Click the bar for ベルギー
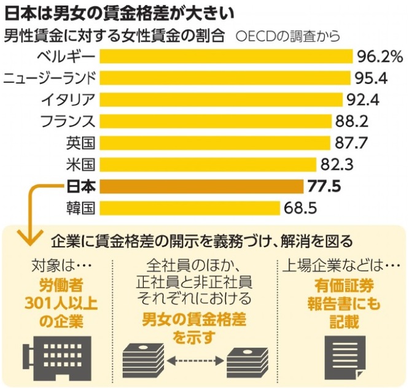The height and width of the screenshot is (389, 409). (x=226, y=56)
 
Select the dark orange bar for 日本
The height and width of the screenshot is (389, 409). (x=201, y=187)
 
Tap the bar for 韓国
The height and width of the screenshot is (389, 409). (x=190, y=208)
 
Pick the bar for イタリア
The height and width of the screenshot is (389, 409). (x=221, y=99)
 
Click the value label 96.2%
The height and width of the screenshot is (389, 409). (x=380, y=57)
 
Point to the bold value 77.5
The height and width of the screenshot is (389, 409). (x=324, y=187)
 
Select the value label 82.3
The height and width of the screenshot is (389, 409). (x=337, y=164)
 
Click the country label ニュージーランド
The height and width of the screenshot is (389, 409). (x=50, y=78)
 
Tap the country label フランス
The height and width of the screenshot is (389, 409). (x=68, y=121)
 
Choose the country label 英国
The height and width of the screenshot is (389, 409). (x=80, y=143)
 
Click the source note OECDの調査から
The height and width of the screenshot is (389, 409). (x=288, y=36)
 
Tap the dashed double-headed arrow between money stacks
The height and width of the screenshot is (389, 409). (x=195, y=361)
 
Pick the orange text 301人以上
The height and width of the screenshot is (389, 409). (x=61, y=303)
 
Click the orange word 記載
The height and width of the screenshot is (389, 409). (x=345, y=322)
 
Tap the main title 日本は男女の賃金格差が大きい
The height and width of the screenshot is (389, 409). (x=119, y=15)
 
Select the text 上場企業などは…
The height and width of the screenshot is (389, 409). (x=341, y=266)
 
